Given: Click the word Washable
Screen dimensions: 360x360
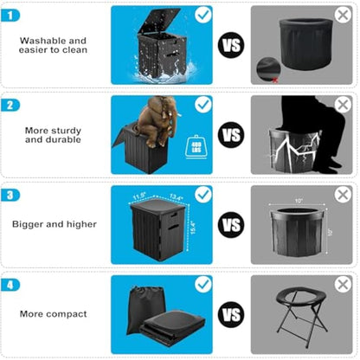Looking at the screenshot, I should click(x=40, y=40).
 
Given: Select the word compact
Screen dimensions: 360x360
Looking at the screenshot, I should click(x=72, y=312).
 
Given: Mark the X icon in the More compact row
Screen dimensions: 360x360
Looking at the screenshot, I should click(x=343, y=283).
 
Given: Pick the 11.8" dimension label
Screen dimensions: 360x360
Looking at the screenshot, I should click(x=138, y=196).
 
